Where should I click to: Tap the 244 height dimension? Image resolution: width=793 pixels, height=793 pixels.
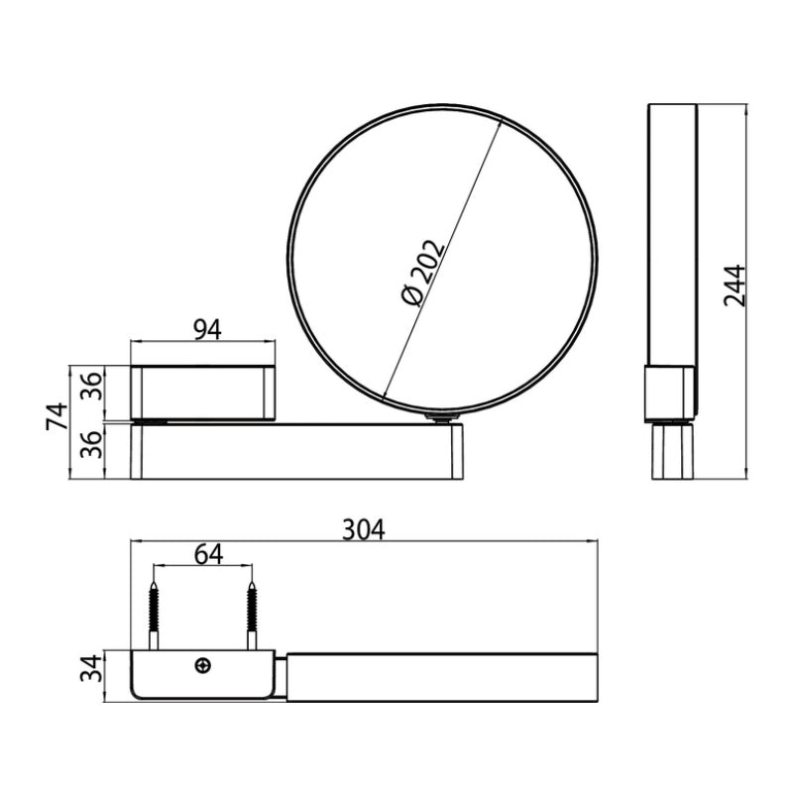pos(735,285)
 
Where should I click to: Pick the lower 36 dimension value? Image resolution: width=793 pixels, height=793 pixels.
pos(90,451)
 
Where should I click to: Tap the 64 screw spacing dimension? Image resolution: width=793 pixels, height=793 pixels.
pos(206,554)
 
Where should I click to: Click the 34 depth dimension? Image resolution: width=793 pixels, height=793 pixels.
pos(90,674)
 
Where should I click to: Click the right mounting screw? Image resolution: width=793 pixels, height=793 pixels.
pos(254,616)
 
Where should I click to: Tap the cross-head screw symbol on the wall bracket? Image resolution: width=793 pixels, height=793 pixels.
pos(204,666)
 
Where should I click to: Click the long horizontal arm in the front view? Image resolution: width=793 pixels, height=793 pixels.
pos(297,453)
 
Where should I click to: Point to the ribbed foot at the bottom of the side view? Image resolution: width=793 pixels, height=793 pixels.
pos(673,453)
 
